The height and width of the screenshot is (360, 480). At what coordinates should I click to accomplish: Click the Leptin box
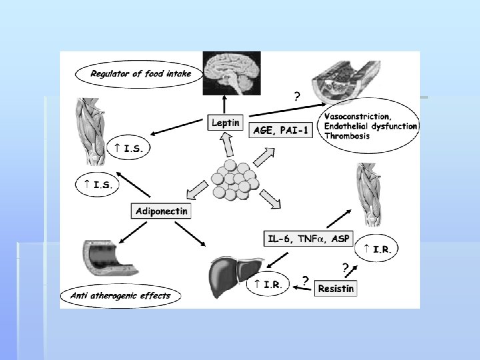[x=225, y=123]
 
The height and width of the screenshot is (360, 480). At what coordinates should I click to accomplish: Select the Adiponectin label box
[x=162, y=211]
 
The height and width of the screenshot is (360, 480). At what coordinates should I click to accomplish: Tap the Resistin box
[x=336, y=288]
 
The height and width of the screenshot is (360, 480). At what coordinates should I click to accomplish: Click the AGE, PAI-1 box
[x=280, y=131]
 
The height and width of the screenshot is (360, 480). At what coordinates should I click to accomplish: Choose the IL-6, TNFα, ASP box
[x=309, y=238]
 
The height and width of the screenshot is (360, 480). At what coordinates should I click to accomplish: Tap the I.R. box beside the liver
[x=267, y=285]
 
